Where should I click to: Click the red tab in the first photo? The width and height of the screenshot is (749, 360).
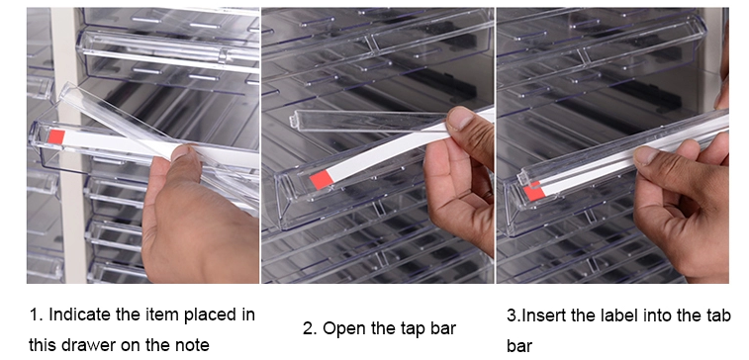56,136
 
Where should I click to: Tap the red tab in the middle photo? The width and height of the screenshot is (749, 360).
321,180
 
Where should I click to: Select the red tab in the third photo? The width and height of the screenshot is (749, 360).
534,191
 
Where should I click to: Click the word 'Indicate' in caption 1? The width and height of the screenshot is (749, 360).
80,315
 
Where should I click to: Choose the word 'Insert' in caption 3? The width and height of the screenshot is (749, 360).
541,315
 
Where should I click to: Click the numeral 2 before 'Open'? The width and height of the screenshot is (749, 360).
308,328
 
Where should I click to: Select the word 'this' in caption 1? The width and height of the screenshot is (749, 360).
43,344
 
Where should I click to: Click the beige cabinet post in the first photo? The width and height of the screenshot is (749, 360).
69,143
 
